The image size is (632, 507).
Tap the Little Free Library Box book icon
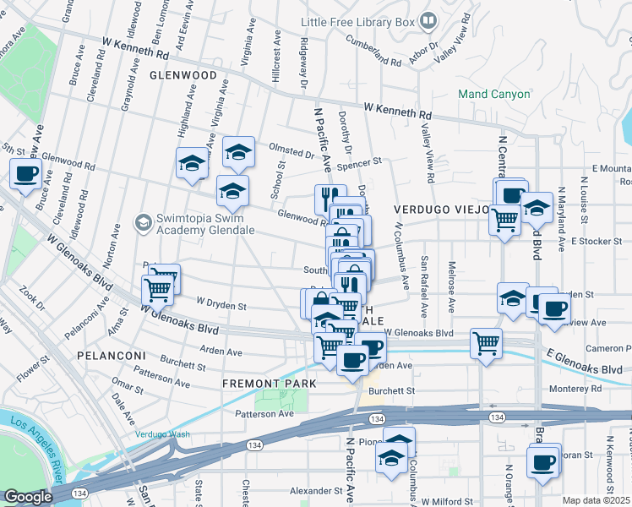pyautogui.click(x=428, y=19)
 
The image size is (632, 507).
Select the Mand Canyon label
pyautogui.click(x=493, y=95)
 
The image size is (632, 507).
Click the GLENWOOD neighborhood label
pyautogui.click(x=183, y=75)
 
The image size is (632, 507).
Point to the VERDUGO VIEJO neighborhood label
pyautogui.click(x=442, y=209)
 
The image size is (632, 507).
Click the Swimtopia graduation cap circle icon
pyautogui.click(x=142, y=222)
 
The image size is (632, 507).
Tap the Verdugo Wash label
pyautogui.click(x=162, y=434)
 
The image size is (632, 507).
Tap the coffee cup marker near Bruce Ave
pyautogui.click(x=25, y=174)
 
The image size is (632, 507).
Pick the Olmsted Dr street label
pyautogui.click(x=291, y=152)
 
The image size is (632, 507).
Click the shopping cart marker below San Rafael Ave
pyautogui.click(x=486, y=342)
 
